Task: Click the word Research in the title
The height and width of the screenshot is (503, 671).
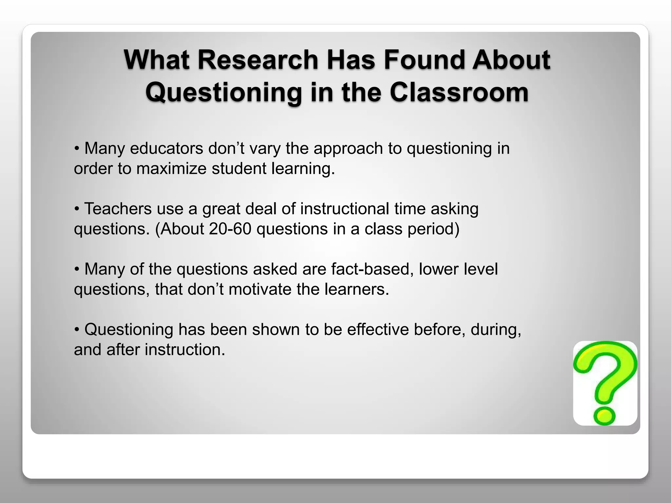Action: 258,60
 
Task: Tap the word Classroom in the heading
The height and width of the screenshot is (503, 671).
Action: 459,92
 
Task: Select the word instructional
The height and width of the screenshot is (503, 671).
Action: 344,209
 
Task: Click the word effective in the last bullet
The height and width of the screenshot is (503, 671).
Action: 378,329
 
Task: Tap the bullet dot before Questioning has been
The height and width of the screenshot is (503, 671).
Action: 77,330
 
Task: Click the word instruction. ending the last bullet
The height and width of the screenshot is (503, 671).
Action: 185,350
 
